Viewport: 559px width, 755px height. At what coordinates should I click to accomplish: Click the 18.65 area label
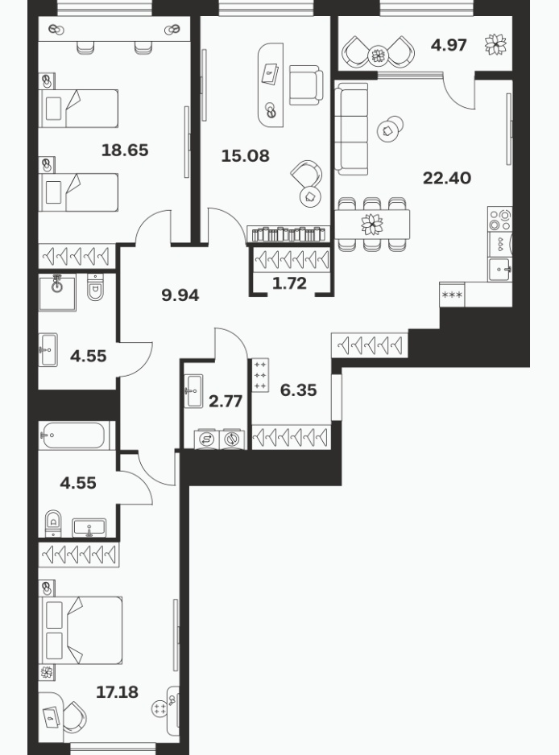tap(125, 151)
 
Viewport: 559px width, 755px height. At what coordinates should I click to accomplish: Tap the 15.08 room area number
tap(246, 156)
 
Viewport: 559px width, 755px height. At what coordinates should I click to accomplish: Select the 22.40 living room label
tap(447, 178)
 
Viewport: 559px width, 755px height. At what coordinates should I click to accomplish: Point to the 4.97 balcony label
tap(449, 45)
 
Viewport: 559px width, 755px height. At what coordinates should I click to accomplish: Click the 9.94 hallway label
tap(180, 295)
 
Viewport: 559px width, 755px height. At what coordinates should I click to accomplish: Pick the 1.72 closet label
tap(289, 283)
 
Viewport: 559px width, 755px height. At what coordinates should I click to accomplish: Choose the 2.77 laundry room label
tap(226, 401)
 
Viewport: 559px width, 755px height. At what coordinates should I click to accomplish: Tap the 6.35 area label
tap(298, 390)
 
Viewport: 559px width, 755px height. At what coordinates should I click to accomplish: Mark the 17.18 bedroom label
tap(117, 692)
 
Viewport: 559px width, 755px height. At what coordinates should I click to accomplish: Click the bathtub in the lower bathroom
tap(72, 435)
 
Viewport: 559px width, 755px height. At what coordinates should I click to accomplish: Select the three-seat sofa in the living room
tap(352, 129)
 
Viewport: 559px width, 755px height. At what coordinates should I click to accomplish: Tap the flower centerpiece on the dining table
tap(372, 225)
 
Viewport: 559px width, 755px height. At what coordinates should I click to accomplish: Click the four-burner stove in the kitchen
tap(499, 220)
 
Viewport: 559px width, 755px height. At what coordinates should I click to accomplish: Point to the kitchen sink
tap(499, 270)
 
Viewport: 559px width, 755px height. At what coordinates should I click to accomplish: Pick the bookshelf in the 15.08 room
tap(289, 234)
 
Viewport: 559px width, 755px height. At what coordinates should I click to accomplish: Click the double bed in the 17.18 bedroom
tap(81, 630)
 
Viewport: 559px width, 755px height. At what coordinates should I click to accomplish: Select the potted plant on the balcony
tap(496, 45)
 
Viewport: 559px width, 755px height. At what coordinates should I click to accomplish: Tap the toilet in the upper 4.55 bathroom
tap(95, 287)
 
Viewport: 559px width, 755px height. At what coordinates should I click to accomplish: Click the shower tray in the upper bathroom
tap(57, 292)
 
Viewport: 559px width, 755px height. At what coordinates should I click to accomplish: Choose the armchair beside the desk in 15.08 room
tap(305, 85)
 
